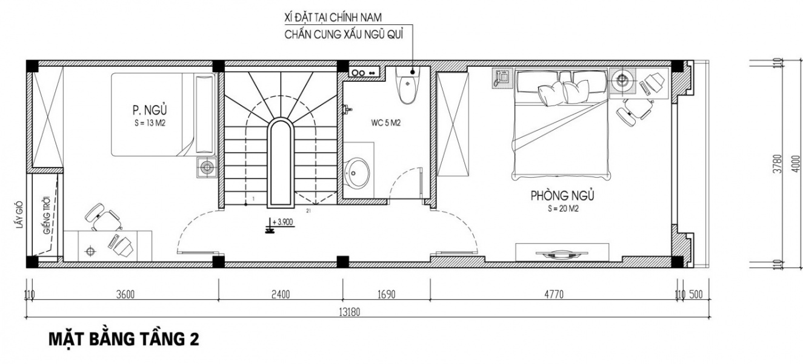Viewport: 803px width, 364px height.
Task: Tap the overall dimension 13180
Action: (x=349, y=312)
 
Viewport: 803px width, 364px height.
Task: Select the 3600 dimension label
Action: (x=125, y=294)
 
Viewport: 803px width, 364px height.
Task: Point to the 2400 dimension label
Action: (x=281, y=294)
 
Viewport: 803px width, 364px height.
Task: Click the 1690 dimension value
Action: (x=387, y=294)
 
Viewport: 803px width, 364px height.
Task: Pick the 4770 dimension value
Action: (x=554, y=294)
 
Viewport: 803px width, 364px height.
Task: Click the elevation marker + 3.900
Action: (x=279, y=224)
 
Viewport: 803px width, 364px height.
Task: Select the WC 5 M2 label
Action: (x=385, y=123)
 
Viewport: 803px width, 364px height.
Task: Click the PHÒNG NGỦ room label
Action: (x=562, y=195)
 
